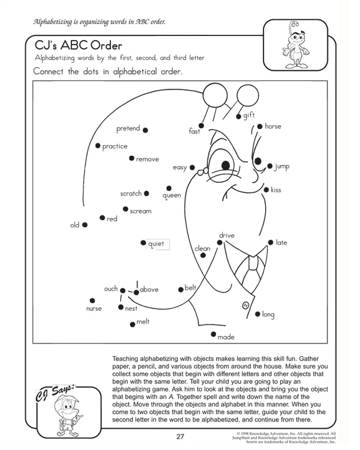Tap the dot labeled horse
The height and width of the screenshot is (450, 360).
pyautogui.click(x=260, y=126)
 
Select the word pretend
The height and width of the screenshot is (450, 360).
pyautogui.click(x=128, y=128)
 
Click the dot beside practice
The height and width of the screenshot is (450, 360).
pyautogui.click(x=98, y=146)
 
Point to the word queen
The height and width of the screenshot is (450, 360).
pyautogui.click(x=171, y=195)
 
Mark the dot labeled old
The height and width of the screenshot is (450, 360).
pyautogui.click(x=85, y=225)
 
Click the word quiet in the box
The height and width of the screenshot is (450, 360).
pyautogui.click(x=156, y=244)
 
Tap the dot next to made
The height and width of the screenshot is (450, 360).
pyautogui.click(x=213, y=334)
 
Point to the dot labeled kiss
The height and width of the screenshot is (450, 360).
pyautogui.click(x=265, y=190)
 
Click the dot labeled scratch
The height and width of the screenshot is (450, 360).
pyautogui.click(x=147, y=194)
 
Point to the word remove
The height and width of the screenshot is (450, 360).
pyautogui.click(x=147, y=159)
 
